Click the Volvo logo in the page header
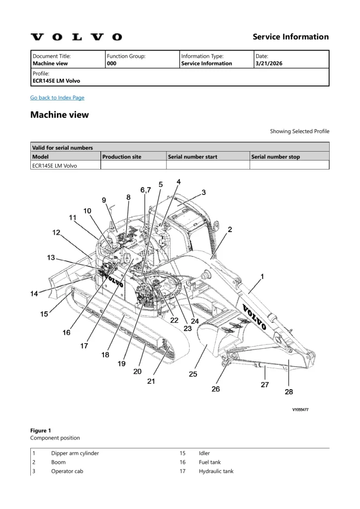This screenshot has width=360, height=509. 76,37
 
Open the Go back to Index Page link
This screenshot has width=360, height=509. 57,97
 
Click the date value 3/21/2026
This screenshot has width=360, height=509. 268,64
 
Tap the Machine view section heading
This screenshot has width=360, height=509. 60,115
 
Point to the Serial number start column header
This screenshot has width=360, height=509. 192,157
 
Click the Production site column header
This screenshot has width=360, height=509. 122,157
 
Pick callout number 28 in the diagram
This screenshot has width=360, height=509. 288,392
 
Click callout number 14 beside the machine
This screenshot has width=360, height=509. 34,294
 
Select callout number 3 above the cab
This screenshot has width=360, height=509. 204,192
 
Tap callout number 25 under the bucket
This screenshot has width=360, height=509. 192,374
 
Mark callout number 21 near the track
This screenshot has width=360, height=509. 151,381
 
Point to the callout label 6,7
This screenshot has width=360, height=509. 146,190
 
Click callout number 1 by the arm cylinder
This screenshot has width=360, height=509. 263,276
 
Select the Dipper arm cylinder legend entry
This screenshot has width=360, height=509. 75,453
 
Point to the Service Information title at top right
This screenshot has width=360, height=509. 290,37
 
